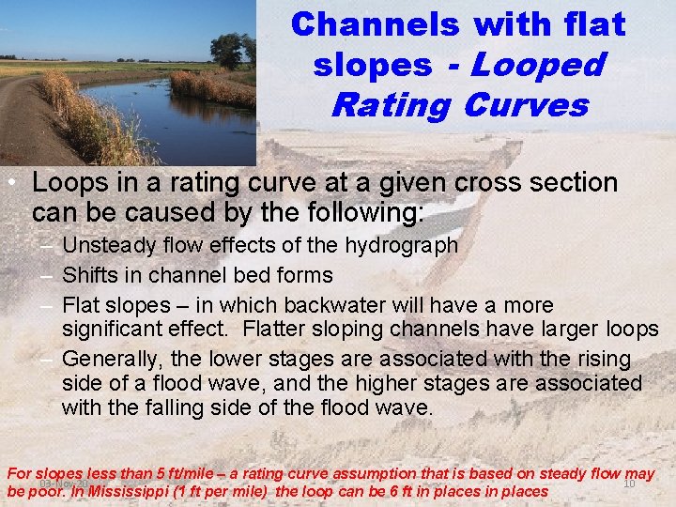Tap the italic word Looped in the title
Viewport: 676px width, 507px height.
539,65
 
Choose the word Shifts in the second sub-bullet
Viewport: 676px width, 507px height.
91,275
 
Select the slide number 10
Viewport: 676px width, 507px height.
629,484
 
